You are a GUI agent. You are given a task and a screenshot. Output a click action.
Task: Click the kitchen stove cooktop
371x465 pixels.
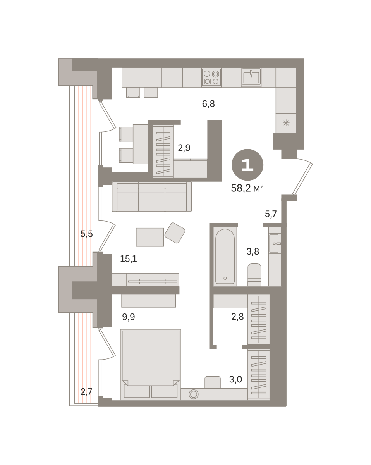coord(211,77)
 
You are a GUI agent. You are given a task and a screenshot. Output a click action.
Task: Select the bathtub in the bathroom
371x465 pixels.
coord(225,256)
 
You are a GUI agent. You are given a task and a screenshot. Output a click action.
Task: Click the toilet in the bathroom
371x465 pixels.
coord(254,275)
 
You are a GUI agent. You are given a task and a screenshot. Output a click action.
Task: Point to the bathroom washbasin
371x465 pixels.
coord(275,243)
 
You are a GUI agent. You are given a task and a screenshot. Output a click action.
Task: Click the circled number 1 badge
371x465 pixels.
coord(247,165)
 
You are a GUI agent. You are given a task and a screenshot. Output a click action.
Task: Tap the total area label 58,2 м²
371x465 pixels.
coord(247,188)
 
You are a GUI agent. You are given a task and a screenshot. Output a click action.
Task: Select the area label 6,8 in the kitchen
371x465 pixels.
coord(208,104)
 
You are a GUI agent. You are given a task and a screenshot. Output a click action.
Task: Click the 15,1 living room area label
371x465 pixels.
coord(129,258)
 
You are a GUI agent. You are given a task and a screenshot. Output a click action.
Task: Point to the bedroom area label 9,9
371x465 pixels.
coord(129,317)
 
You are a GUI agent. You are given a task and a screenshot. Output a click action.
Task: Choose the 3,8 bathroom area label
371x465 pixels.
coord(253,251)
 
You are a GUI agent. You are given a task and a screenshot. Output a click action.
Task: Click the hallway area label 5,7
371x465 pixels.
coord(271,214)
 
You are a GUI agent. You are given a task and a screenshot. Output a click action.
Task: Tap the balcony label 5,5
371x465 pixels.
coord(87,234)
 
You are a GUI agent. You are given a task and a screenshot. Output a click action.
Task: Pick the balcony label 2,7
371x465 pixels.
coord(86,392)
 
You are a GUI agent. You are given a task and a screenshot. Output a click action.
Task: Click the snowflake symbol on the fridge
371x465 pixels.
coord(286,123)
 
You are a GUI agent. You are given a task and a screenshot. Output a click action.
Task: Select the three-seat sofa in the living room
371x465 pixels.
coord(151,196)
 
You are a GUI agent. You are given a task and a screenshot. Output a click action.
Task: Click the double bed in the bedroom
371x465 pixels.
coord(151,365)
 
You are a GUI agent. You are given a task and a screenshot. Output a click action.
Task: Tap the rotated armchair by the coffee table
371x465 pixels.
coord(175,233)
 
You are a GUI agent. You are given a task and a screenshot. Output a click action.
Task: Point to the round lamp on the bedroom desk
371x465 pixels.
coord(194,394)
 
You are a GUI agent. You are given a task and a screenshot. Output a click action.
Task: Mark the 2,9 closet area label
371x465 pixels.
coord(184,148)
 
